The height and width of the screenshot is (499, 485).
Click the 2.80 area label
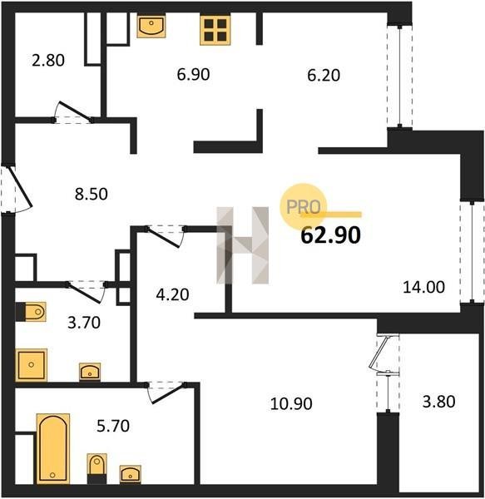tap(48, 60)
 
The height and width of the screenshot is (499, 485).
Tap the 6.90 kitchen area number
tap(193, 75)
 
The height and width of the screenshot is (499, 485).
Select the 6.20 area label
tap(324, 76)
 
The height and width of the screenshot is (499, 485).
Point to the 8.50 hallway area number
tap(92, 194)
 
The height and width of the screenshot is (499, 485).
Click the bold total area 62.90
tap(330, 235)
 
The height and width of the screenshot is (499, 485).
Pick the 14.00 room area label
tap(424, 287)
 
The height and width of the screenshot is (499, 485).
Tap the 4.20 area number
tap(172, 294)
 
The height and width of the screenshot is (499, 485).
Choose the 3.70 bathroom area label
tap(84, 323)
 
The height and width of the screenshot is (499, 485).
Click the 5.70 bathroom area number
tap(113, 426)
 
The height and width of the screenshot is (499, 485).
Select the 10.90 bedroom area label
tap(291, 404)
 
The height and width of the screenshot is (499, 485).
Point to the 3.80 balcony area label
tap(439, 402)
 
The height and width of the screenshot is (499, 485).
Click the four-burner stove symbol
tap(215, 30)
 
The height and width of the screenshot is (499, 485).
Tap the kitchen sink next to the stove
tap(151, 26)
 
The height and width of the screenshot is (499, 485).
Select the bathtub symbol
tap(53, 448)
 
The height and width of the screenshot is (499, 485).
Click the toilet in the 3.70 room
tap(31, 312)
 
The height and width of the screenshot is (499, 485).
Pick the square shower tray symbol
tap(31, 365)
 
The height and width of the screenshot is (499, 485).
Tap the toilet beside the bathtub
tap(97, 468)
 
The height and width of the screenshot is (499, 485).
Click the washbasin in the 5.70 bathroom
tap(131, 475)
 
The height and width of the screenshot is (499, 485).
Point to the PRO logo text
tap(304, 207)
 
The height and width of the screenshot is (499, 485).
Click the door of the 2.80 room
tap(73, 112)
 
